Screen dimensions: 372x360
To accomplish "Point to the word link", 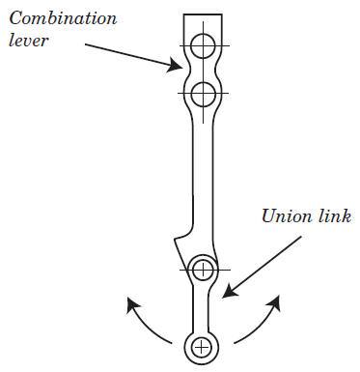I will point(331,215).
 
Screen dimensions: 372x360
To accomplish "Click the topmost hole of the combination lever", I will point(203,44).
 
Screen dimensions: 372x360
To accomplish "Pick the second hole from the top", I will point(203,94).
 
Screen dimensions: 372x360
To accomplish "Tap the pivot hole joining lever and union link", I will point(202,270).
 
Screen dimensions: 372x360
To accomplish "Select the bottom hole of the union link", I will point(202,345).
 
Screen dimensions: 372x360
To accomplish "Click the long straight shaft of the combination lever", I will point(203,174).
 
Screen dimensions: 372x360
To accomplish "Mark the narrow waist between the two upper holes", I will point(203,69).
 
